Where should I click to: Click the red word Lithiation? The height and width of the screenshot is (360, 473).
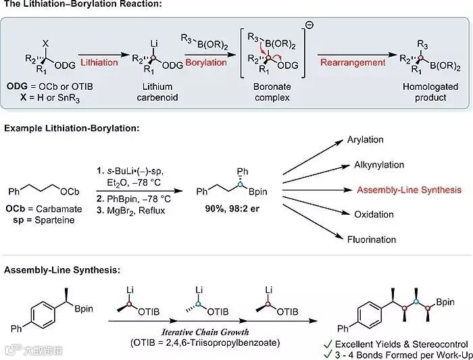coord(99,63)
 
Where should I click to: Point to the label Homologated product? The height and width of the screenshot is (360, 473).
coord(425,92)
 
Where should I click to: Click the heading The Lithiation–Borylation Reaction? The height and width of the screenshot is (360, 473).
coord(92,6)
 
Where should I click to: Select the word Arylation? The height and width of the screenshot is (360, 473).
coord(365,140)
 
